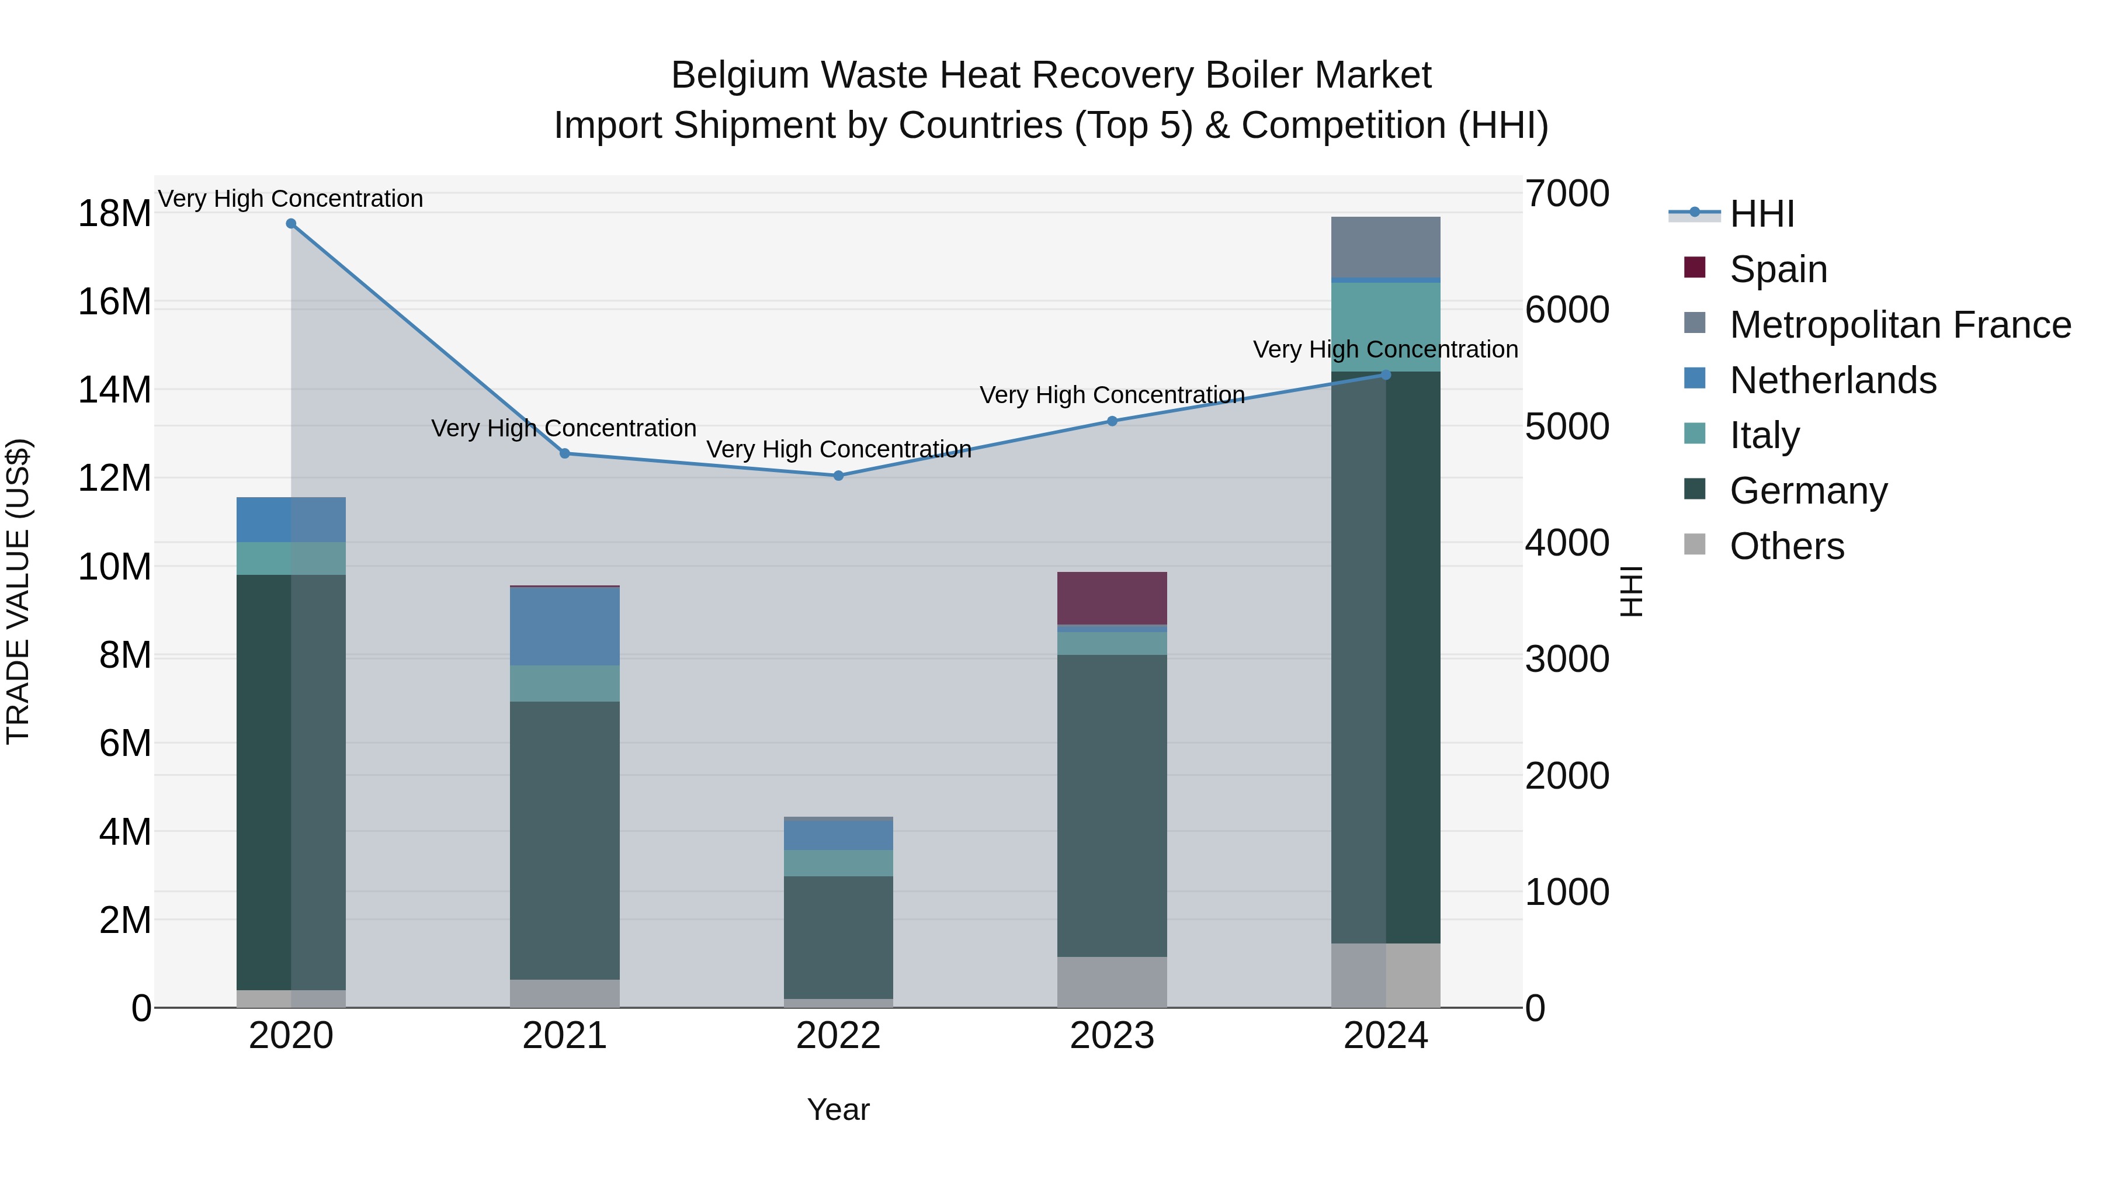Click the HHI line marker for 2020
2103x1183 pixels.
(x=291, y=224)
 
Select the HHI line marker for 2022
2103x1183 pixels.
(x=838, y=475)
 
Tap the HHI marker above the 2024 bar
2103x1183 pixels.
(x=1386, y=374)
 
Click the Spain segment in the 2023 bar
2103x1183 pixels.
(x=1112, y=598)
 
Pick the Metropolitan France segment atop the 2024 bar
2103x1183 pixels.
(x=1386, y=247)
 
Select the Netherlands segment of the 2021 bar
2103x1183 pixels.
(x=564, y=626)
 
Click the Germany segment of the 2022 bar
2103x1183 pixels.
(x=838, y=937)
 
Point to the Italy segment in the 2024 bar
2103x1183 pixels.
(x=1386, y=327)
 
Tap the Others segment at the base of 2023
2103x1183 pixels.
(x=1112, y=982)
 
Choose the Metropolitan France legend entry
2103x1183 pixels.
(x=1899, y=325)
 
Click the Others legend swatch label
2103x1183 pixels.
(x=1786, y=546)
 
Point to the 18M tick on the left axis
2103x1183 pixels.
(x=114, y=214)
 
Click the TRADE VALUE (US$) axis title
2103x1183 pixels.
(x=18, y=591)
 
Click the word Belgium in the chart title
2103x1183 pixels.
(x=739, y=75)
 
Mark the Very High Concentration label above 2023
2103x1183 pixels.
(x=1112, y=395)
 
